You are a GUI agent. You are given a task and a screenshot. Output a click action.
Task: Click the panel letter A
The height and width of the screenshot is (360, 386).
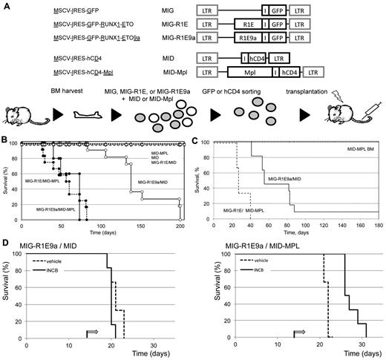[x=6, y=5]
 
